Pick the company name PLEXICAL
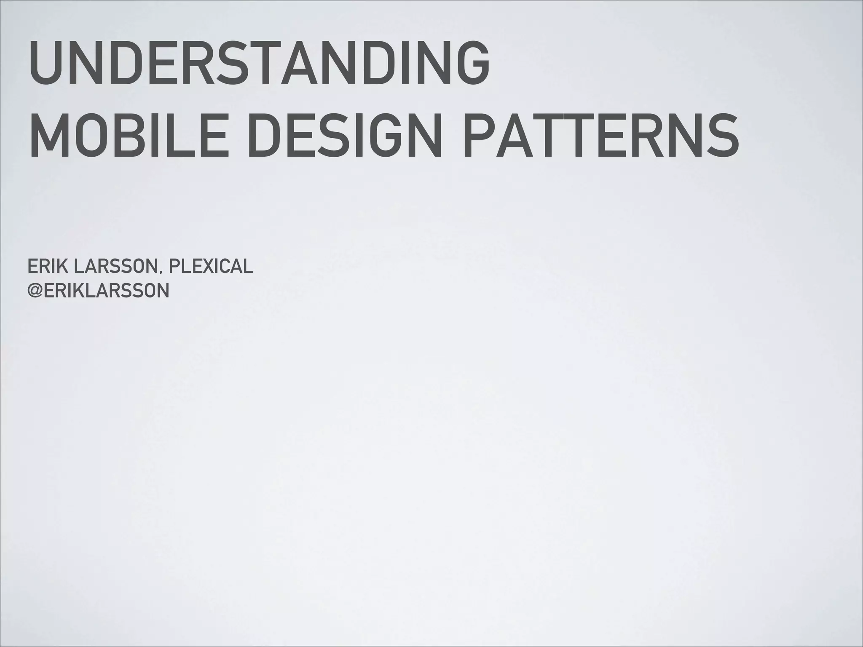coord(211,266)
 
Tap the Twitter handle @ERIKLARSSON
coord(98,291)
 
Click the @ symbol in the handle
coord(35,291)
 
